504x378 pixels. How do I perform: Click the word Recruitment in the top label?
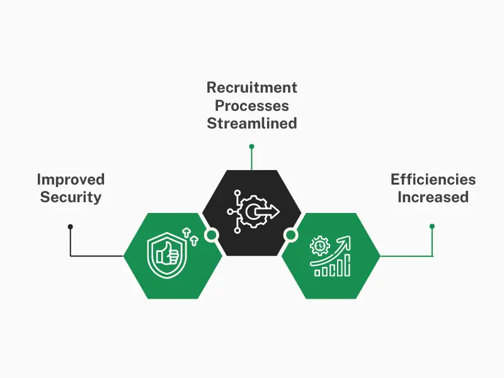pos(252,88)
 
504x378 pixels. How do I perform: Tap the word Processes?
pos(252,105)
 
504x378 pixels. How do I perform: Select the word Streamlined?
pos(252,123)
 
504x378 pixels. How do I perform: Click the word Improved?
pos(71,179)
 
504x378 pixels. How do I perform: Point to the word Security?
pos(71,197)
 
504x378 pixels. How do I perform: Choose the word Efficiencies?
pos(433,179)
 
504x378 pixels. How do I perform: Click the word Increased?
pos(433,197)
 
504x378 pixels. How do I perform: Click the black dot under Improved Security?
pos(71,226)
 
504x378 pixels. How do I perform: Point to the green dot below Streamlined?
pos(251,146)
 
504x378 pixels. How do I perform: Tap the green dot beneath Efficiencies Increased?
pos(432,226)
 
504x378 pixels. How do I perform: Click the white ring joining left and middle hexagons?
pos(212,235)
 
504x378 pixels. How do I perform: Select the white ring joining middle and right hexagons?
pos(290,235)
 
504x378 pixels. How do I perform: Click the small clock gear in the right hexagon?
pos(320,245)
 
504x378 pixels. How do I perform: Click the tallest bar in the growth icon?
pos(346,266)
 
